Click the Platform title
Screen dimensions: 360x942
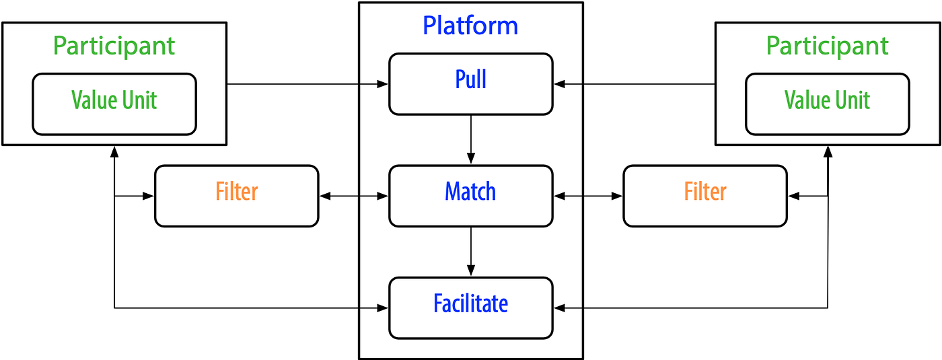pyautogui.click(x=470, y=26)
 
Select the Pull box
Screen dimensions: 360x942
pyautogui.click(x=470, y=83)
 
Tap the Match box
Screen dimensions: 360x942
pyautogui.click(x=470, y=196)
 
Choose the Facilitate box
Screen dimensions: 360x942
pyautogui.click(x=470, y=308)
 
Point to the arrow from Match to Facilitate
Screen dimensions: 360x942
pyautogui.click(x=470, y=252)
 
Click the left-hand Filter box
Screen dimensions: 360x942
pyautogui.click(x=236, y=196)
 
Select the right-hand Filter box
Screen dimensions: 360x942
pyautogui.click(x=704, y=196)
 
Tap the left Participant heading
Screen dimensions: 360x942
pyautogui.click(x=114, y=46)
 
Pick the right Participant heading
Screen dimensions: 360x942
pyautogui.click(x=827, y=46)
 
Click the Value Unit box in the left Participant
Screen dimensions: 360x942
pyautogui.click(x=114, y=104)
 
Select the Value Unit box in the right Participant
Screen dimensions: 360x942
pyautogui.click(x=827, y=104)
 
